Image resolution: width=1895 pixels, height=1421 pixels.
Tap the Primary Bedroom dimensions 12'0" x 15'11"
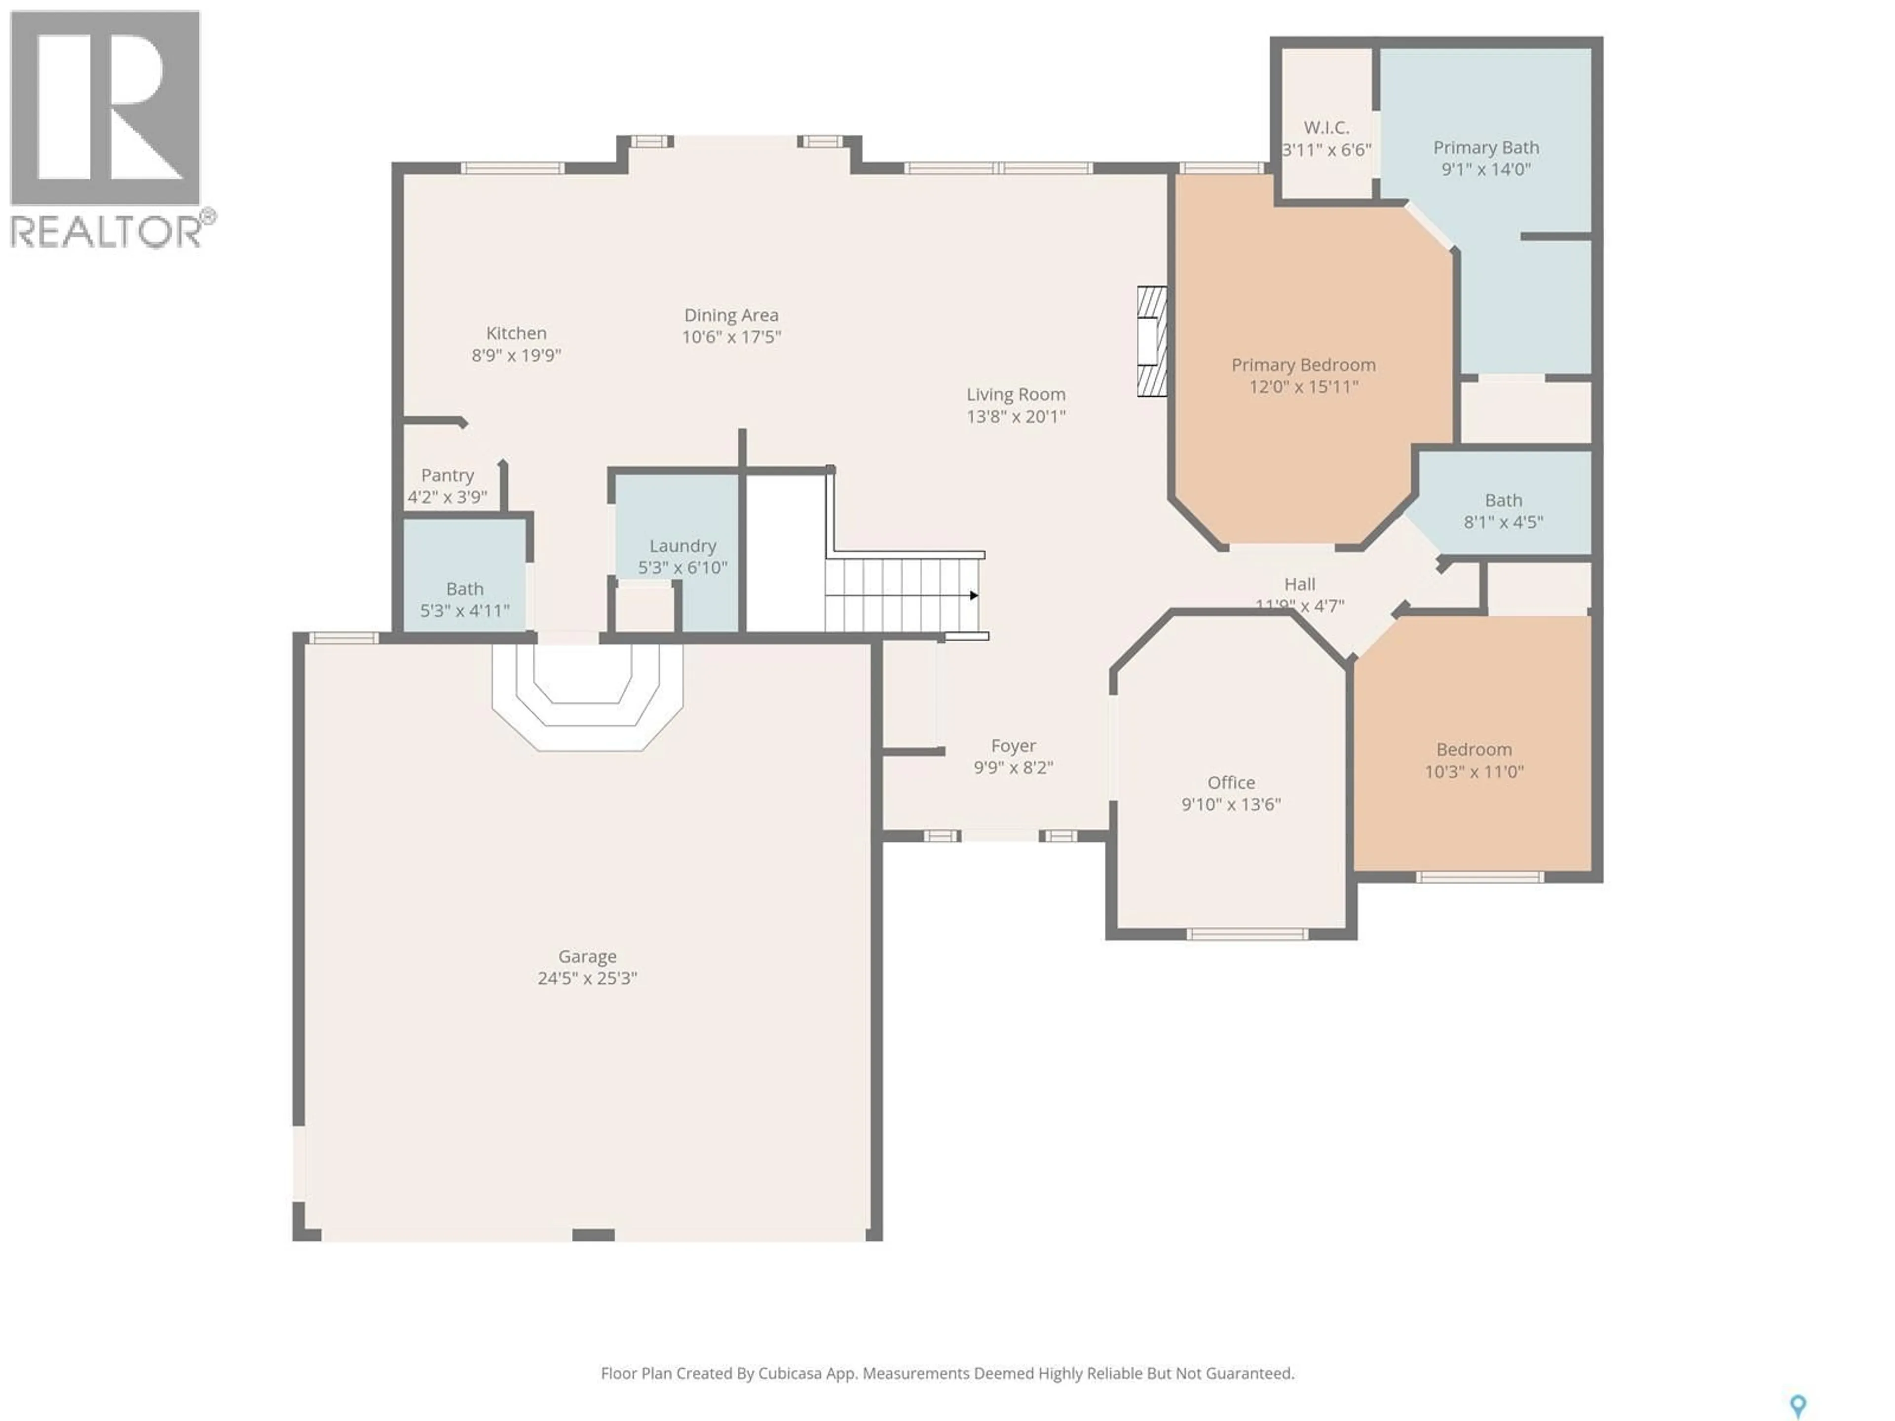point(1303,386)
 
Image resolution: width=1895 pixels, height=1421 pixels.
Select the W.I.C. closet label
point(1326,128)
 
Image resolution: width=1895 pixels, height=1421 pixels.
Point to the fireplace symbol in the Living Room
point(1151,341)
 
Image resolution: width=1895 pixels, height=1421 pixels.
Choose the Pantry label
point(447,475)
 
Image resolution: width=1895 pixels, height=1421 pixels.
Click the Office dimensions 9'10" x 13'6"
point(1231,804)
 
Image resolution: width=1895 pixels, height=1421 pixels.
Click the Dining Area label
point(731,315)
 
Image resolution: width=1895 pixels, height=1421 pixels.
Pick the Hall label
point(1299,584)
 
